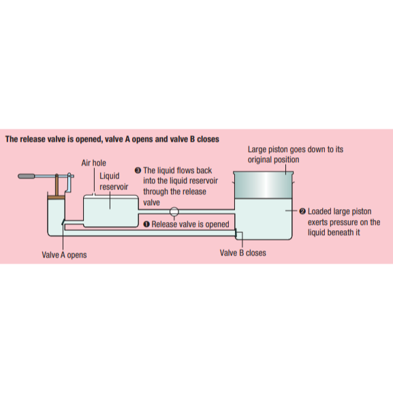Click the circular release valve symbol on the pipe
point(174,212)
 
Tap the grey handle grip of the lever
point(27,176)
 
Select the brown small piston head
point(57,198)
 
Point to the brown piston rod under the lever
point(57,185)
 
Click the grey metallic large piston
point(263,185)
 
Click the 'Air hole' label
point(93,163)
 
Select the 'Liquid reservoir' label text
point(114,181)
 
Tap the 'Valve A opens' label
point(64,255)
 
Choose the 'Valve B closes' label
point(243,253)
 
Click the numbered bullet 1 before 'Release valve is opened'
point(146,224)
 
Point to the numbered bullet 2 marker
point(302,211)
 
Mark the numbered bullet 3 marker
point(138,170)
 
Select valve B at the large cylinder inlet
point(236,233)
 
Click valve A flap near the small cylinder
point(63,222)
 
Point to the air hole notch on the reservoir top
point(94,194)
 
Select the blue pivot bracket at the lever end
point(69,183)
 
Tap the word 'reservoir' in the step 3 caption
point(202,181)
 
